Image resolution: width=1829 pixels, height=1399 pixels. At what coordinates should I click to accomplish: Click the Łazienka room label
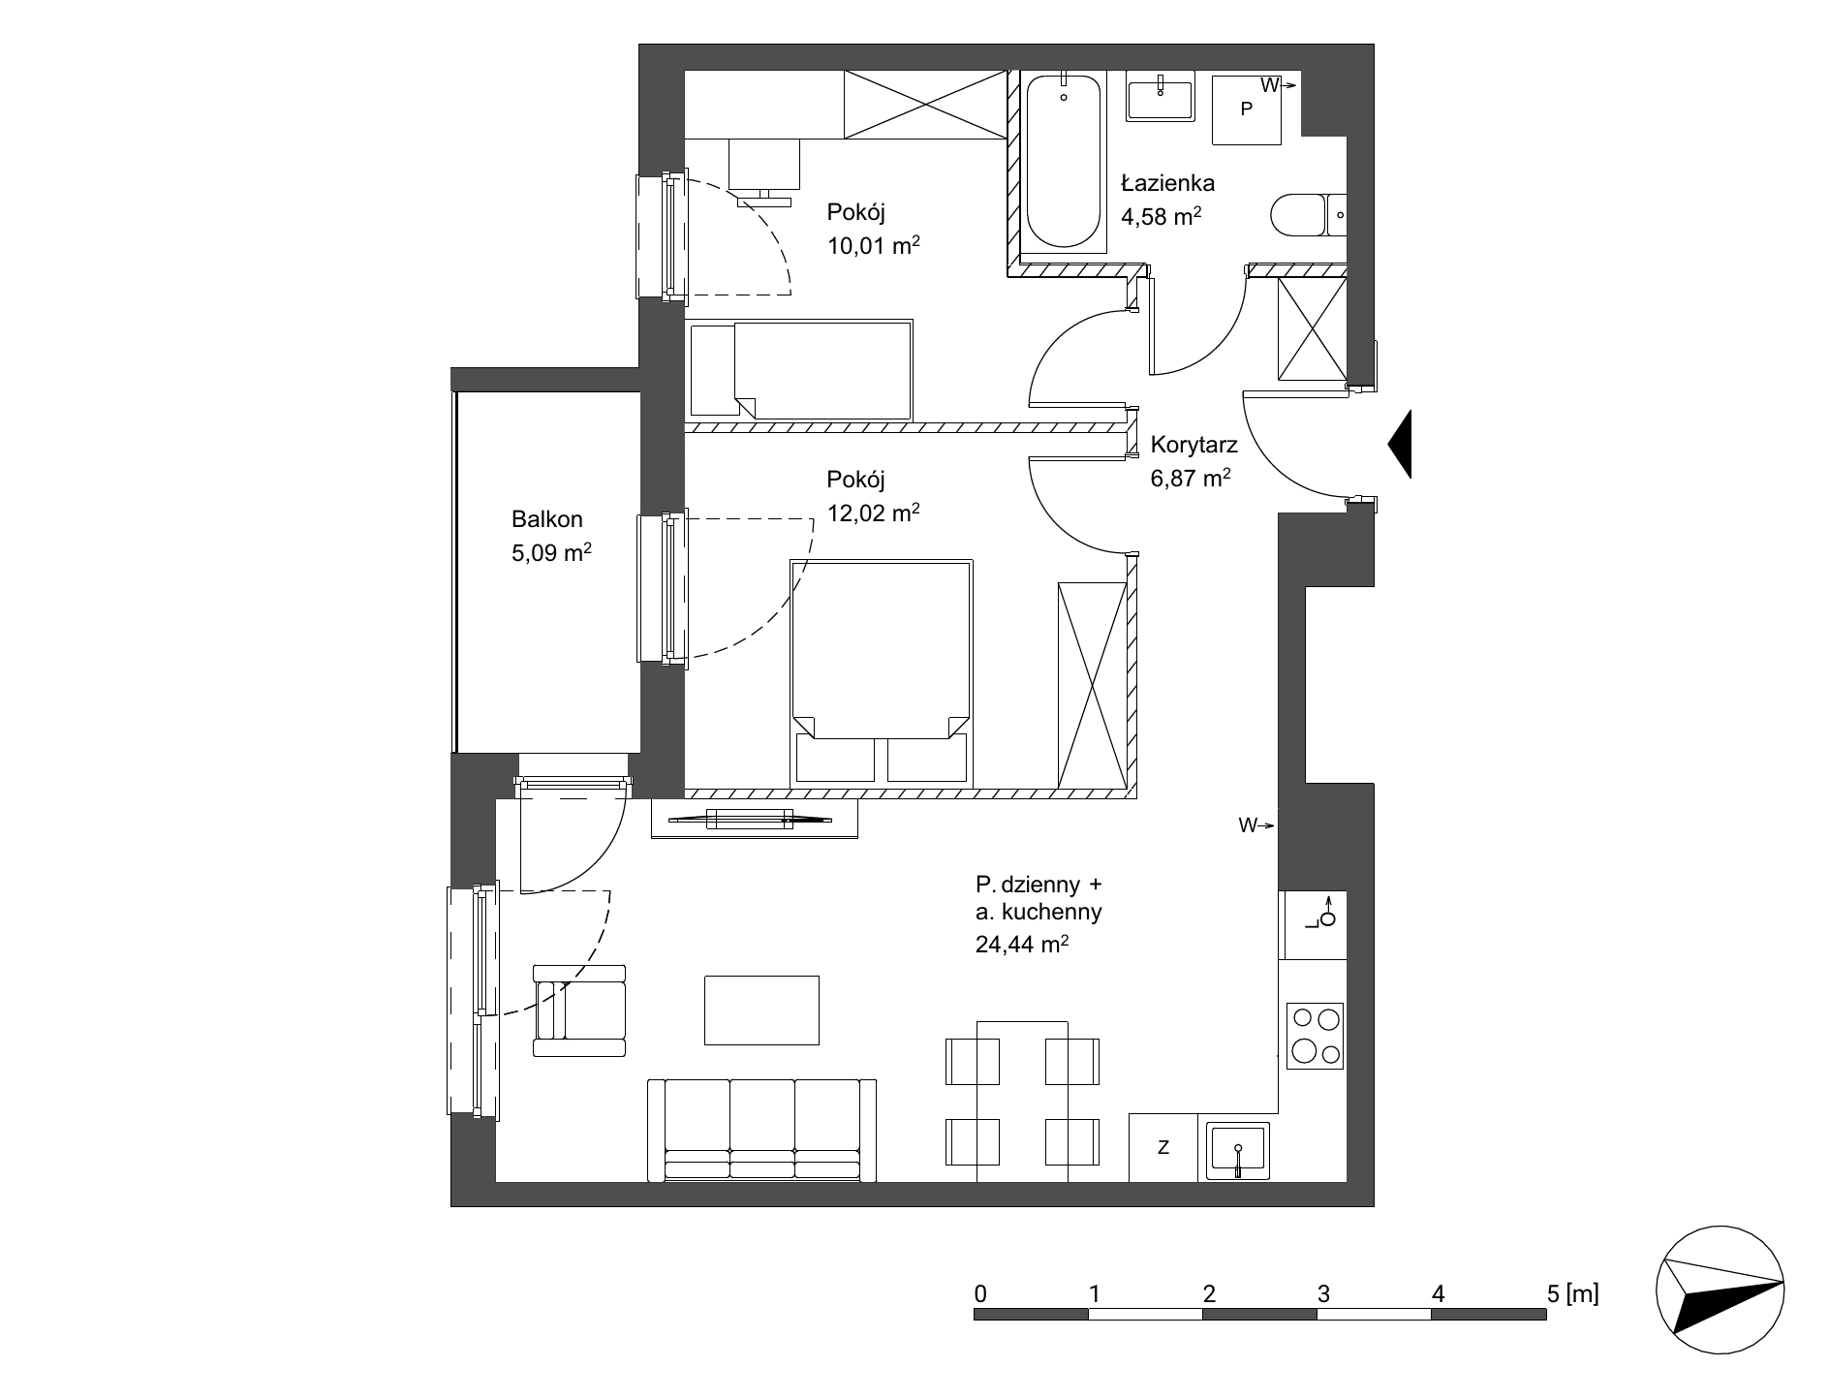(1168, 182)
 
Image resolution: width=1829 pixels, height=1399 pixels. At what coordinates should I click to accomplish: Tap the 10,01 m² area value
(873, 246)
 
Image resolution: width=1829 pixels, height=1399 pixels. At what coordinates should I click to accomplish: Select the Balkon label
(547, 519)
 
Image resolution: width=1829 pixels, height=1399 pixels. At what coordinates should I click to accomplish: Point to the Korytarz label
(1194, 446)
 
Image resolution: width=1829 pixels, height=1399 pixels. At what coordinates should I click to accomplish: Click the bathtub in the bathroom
(1064, 162)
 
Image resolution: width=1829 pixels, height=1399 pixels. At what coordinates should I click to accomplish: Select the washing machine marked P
(1247, 109)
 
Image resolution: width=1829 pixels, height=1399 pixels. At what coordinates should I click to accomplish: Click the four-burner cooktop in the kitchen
(1316, 1036)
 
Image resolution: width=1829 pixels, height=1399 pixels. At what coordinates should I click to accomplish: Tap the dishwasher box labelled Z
(1163, 1147)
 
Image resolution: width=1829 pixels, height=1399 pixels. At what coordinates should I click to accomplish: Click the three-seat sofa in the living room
(761, 1131)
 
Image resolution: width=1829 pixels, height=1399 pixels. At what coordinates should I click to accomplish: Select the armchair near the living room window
(579, 1010)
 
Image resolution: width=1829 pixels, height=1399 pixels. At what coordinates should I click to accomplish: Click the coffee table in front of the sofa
(761, 1010)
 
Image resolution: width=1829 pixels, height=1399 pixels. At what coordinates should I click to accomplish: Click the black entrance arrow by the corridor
(1400, 444)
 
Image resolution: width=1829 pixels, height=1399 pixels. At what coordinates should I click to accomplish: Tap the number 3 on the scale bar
(1323, 1293)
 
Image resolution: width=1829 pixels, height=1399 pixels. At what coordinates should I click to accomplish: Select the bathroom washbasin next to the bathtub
(1160, 97)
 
